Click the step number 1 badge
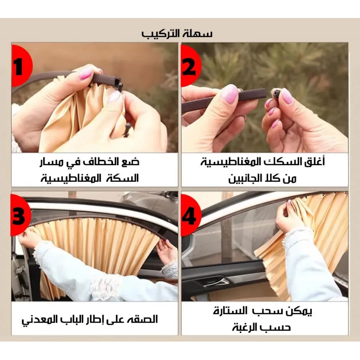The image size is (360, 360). [x=21, y=67]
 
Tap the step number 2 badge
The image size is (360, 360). [x=190, y=67]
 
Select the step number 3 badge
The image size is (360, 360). [x=20, y=216]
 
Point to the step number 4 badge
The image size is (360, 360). [x=190, y=216]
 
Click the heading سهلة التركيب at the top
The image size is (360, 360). [x=177, y=33]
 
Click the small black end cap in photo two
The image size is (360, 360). [x=275, y=93]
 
